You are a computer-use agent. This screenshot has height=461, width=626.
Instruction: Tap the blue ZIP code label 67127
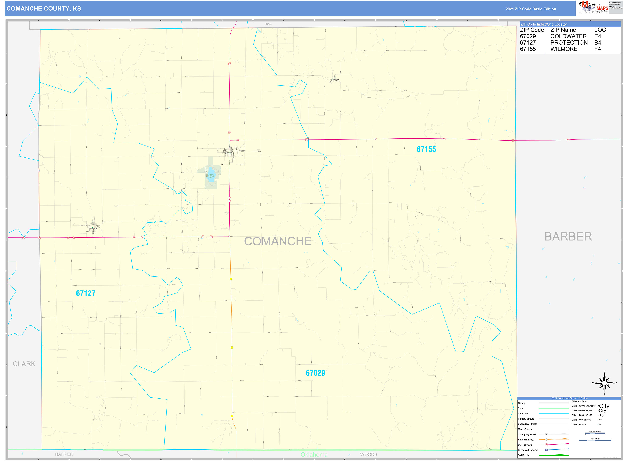click(86, 294)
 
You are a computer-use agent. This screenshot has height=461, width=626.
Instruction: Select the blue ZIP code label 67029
click(315, 373)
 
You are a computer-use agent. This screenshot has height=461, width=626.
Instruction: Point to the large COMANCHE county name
click(278, 241)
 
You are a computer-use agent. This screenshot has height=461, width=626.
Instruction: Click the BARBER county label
click(568, 237)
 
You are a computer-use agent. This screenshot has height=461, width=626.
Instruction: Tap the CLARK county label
click(24, 364)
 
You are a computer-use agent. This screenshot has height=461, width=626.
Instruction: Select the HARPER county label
click(64, 454)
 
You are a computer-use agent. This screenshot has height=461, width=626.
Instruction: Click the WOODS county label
click(368, 454)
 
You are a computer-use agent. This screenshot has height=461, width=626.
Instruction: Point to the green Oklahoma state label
click(314, 455)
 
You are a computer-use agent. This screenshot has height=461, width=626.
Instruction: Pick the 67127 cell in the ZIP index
click(528, 43)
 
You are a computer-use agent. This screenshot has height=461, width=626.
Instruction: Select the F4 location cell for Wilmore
click(597, 49)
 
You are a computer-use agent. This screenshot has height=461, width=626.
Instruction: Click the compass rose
click(604, 383)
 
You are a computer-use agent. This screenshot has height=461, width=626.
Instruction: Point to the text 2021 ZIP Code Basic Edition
click(531, 9)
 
